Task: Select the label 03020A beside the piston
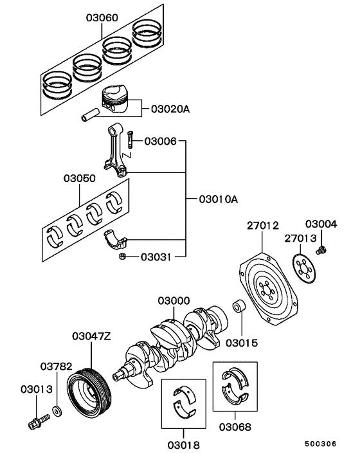[x=170, y=109]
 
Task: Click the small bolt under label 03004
[x=323, y=248]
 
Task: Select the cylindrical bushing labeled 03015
[x=240, y=307]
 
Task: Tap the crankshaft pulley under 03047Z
[x=91, y=393]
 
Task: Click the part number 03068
[x=235, y=426]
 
